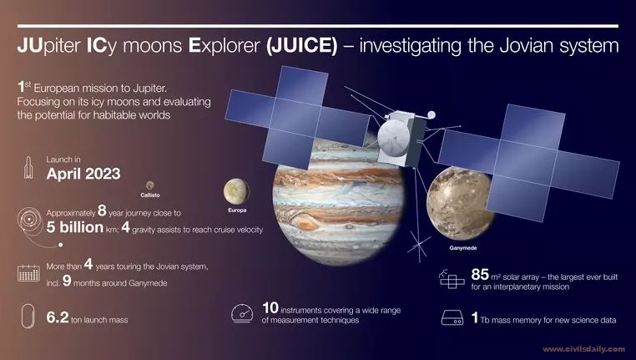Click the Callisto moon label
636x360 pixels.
(150, 195)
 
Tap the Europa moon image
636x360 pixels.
(236, 191)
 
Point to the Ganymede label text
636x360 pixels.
(462, 247)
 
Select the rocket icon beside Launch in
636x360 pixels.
(28, 167)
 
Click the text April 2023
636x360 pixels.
(83, 174)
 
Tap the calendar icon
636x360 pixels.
(28, 273)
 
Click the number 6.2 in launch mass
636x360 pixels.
(58, 317)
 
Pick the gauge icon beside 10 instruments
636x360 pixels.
(242, 314)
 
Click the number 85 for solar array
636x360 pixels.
(480, 275)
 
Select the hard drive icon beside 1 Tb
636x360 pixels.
(452, 317)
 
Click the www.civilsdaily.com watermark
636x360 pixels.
(583, 349)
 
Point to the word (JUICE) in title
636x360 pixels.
(301, 45)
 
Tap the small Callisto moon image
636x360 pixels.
(150, 185)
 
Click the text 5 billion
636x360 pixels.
(75, 227)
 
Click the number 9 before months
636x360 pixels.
(67, 281)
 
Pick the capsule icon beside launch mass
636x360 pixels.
(28, 316)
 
